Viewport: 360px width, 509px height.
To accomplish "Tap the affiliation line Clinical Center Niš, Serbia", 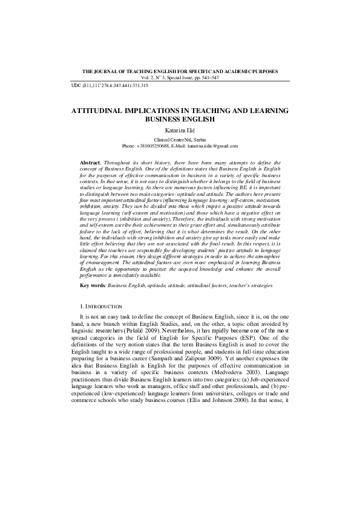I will [180, 140].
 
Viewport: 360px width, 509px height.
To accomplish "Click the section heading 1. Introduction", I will [101, 307].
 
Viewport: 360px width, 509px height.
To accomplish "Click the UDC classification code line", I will [110, 86].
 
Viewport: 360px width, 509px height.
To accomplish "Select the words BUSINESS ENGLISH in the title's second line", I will [180, 120].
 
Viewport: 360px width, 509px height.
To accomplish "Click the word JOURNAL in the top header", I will [110, 71].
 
